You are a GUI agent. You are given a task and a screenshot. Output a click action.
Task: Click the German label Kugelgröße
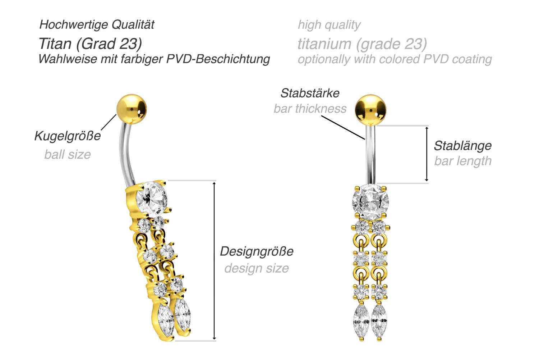68,136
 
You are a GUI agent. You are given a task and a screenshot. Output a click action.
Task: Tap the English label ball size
68,155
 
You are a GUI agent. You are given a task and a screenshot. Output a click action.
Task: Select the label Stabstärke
310,93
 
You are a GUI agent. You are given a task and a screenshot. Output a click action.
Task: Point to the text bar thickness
310,109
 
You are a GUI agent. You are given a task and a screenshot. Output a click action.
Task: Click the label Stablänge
462,146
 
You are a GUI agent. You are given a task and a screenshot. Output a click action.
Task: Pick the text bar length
462,161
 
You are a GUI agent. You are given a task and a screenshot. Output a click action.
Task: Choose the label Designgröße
257,251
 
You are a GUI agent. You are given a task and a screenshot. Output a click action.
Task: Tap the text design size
257,268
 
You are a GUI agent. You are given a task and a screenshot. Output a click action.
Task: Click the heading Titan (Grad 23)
90,44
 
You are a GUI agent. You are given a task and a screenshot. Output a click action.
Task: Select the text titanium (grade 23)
362,44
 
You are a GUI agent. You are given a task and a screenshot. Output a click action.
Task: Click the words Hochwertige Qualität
97,24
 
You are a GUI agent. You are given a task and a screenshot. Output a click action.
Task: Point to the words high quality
329,25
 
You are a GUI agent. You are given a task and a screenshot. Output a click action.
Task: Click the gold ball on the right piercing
370,108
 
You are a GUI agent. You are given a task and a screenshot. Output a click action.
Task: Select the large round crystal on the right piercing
370,201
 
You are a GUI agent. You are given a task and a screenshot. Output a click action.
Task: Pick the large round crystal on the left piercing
151,199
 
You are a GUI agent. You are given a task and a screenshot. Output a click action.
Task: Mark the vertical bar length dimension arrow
427,154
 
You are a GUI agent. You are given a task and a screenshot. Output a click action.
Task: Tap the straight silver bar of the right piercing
370,155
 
